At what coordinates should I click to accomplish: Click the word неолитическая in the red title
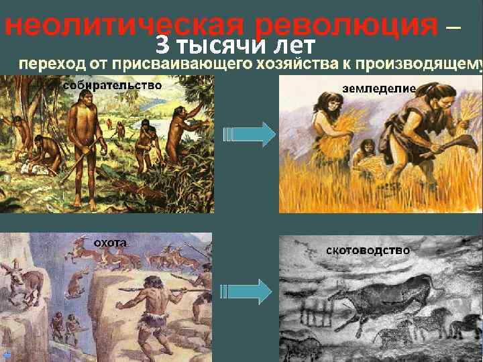[x=129, y=25]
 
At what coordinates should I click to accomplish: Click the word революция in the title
[x=346, y=25]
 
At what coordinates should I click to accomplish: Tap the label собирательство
[x=112, y=85]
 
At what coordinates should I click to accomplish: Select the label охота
[x=109, y=242]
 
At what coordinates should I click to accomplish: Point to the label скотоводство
[x=368, y=250]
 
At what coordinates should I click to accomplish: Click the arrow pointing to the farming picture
[x=250, y=134]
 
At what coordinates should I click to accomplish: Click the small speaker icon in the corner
[x=5, y=355]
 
